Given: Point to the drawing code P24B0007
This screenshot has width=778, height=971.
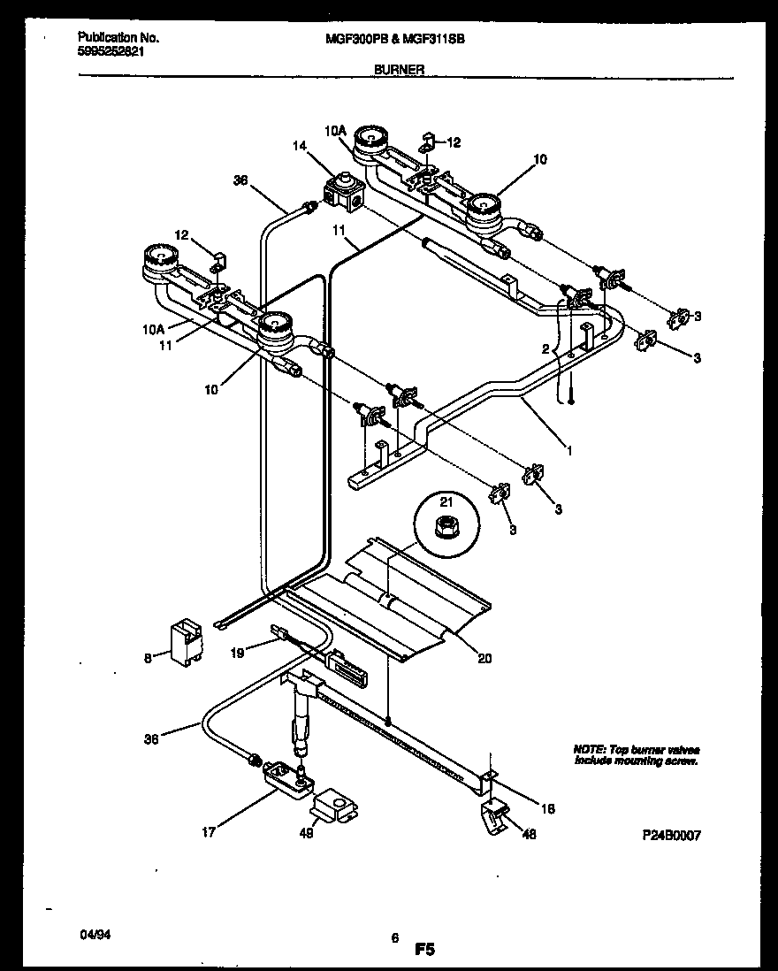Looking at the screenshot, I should (x=671, y=834).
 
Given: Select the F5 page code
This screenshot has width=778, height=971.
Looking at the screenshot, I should (x=424, y=951).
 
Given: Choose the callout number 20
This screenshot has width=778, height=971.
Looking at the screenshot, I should (x=485, y=657).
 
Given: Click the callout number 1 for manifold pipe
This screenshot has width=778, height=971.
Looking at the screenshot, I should (x=569, y=450).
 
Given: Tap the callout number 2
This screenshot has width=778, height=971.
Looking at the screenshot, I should (x=545, y=349).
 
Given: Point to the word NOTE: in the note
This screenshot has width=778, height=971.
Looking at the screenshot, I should (x=590, y=748).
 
